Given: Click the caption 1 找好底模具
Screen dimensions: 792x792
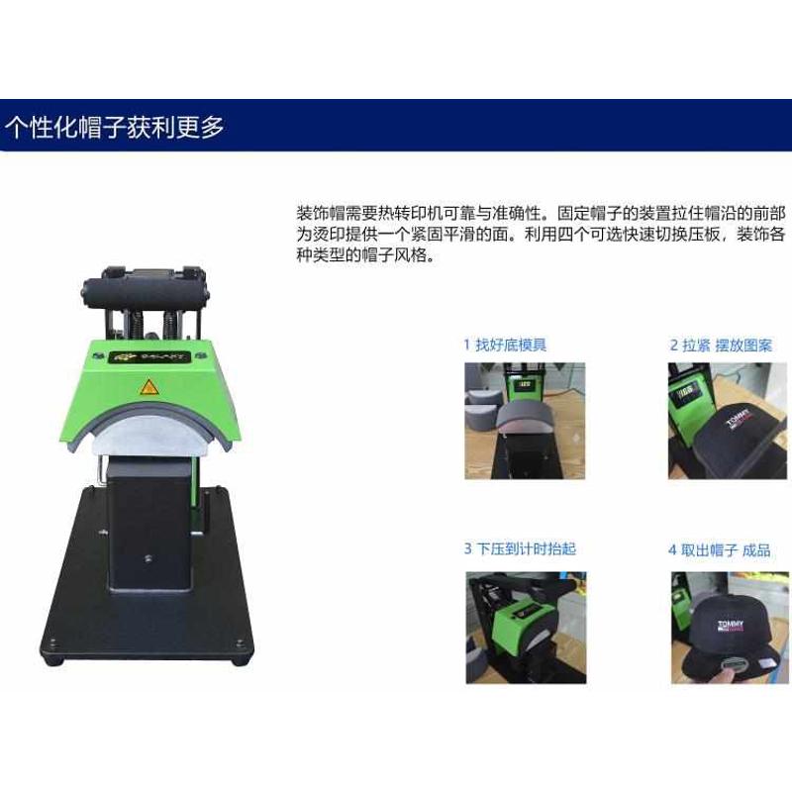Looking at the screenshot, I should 505,345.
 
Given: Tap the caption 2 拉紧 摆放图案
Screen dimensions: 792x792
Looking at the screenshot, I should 721,346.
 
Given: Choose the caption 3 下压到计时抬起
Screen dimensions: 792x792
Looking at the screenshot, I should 520,548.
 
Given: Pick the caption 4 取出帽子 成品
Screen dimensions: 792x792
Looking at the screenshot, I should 720,549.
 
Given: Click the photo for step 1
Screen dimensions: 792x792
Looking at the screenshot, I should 525,421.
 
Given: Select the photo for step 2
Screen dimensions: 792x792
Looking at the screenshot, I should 728,421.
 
